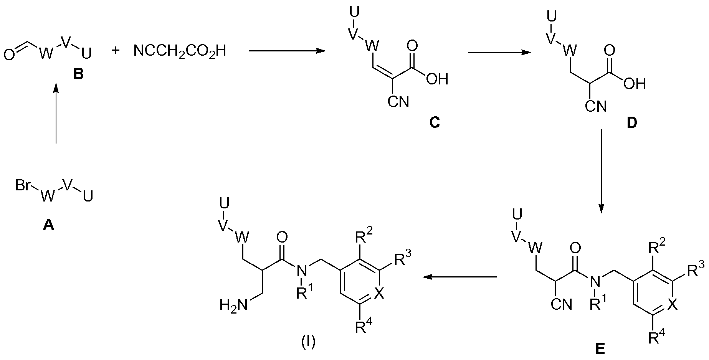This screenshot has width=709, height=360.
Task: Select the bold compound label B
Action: (x=78, y=74)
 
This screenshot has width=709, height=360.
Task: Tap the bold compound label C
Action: (x=435, y=123)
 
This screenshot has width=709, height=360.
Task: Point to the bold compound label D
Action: (x=632, y=123)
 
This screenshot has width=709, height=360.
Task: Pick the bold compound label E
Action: (x=600, y=348)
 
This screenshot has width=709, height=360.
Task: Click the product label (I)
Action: (x=308, y=342)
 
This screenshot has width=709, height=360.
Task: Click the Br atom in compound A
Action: (x=23, y=186)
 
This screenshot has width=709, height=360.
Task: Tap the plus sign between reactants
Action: (x=115, y=50)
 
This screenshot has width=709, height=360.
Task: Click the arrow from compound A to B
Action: (x=56, y=114)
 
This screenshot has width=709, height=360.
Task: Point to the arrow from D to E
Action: (x=602, y=172)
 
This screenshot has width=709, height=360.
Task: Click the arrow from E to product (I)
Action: (x=459, y=277)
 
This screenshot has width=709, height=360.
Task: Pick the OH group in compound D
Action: (x=635, y=84)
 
